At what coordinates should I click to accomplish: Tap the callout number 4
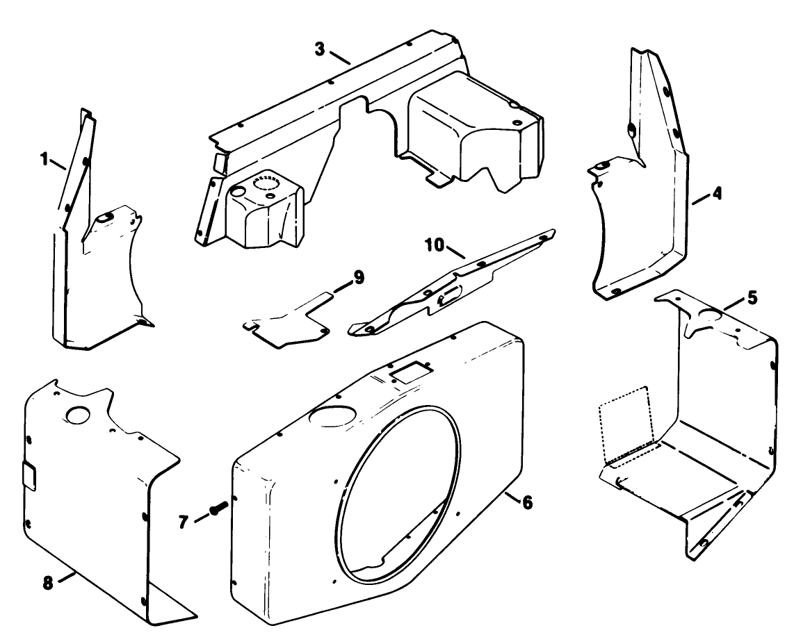[x=716, y=195]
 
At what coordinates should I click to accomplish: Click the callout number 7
[x=184, y=521]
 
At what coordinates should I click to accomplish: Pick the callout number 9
[x=358, y=278]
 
